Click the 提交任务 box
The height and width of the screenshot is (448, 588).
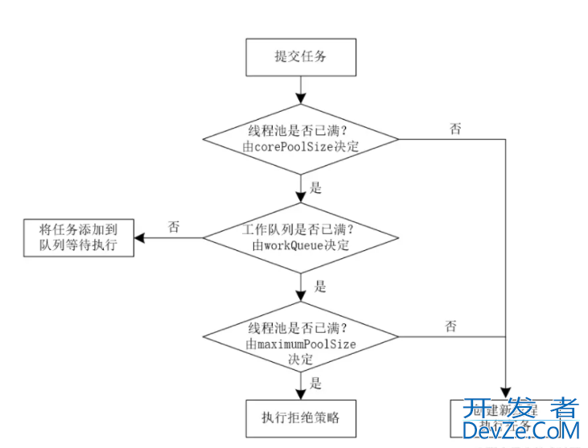coord(300,56)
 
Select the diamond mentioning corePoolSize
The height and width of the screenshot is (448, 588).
coord(300,140)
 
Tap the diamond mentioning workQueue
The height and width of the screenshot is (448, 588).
coord(300,237)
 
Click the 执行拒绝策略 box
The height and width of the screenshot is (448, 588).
coord(300,417)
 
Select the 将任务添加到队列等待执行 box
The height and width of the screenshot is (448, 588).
coord(77,237)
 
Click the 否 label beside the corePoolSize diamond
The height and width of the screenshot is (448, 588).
coord(456,129)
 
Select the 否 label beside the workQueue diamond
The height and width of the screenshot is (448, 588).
coord(174,227)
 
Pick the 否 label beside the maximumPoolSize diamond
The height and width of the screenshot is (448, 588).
coord(451,326)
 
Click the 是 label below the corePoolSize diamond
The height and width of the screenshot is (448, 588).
coord(315,188)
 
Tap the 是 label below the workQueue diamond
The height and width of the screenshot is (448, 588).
coord(320,286)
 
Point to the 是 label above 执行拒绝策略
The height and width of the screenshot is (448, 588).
coord(316,384)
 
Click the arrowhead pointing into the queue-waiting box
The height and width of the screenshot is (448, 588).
coord(138,238)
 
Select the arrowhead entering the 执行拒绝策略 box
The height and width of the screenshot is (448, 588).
coord(300,392)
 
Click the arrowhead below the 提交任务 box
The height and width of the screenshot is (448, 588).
coord(300,97)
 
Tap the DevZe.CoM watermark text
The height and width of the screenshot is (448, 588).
coord(520,433)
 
